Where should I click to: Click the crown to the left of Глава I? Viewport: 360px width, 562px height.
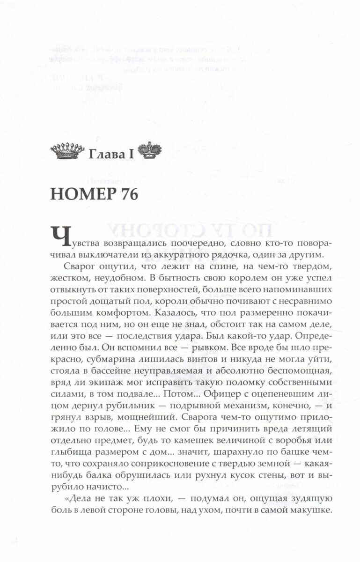pos(66,151)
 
